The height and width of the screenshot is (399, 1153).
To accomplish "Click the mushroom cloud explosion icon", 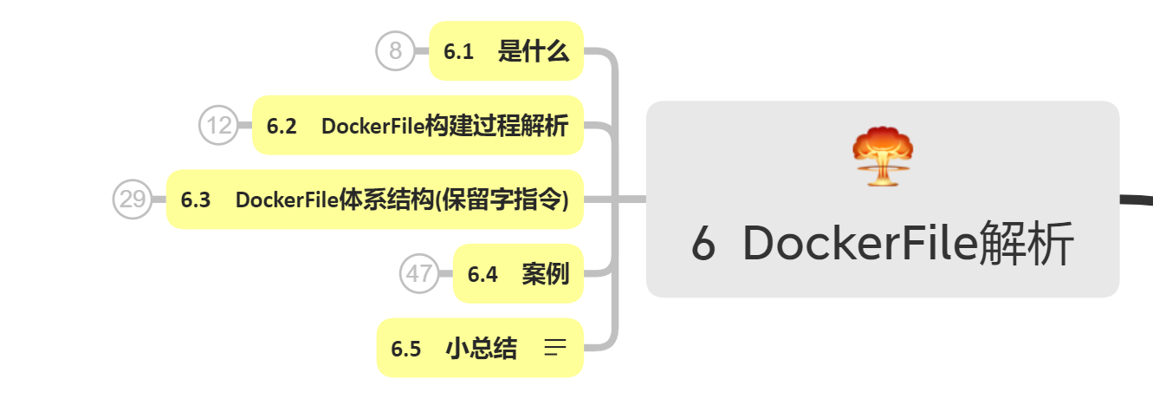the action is point(883,157).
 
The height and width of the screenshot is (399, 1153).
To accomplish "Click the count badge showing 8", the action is point(395,51).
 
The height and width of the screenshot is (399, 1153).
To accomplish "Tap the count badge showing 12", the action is point(218,126).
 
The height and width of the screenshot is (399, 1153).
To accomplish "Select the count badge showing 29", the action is point(132,200).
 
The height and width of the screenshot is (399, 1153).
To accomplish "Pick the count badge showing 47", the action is point(419,275).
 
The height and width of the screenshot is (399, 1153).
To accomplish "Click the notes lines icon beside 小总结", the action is point(554,349).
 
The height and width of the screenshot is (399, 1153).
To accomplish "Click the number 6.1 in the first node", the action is point(458,52).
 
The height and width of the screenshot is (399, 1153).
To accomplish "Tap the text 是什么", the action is point(534,52).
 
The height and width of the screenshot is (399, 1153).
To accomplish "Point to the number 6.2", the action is point(282,127).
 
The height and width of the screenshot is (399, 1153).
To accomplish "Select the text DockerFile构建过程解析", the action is point(444,127).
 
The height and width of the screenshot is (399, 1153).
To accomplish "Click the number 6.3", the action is point(196,200).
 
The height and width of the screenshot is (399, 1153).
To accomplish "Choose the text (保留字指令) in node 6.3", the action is point(501,200).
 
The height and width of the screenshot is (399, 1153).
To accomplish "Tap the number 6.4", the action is point(483,275).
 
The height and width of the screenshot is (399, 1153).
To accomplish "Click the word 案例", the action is point(545,275).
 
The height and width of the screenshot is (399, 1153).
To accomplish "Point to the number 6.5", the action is point(405,350).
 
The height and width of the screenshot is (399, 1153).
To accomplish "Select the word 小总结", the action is point(482,349).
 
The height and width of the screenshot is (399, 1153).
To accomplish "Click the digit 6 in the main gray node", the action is point(703,245).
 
